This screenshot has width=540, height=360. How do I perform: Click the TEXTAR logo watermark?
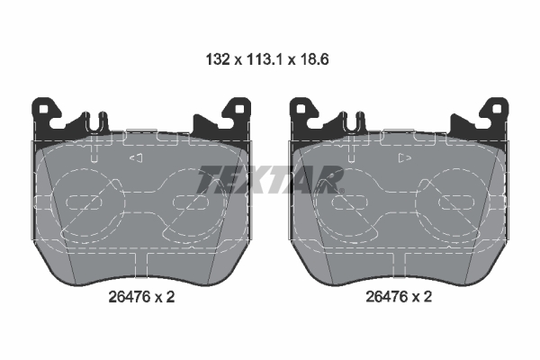(x=270, y=179)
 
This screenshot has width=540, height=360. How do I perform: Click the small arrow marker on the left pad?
(x=137, y=158)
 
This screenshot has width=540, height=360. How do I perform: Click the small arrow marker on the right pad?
(x=404, y=158)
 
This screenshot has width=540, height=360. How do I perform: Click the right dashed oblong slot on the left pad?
(x=192, y=200)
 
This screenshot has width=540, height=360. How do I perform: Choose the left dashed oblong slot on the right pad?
(x=348, y=200)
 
